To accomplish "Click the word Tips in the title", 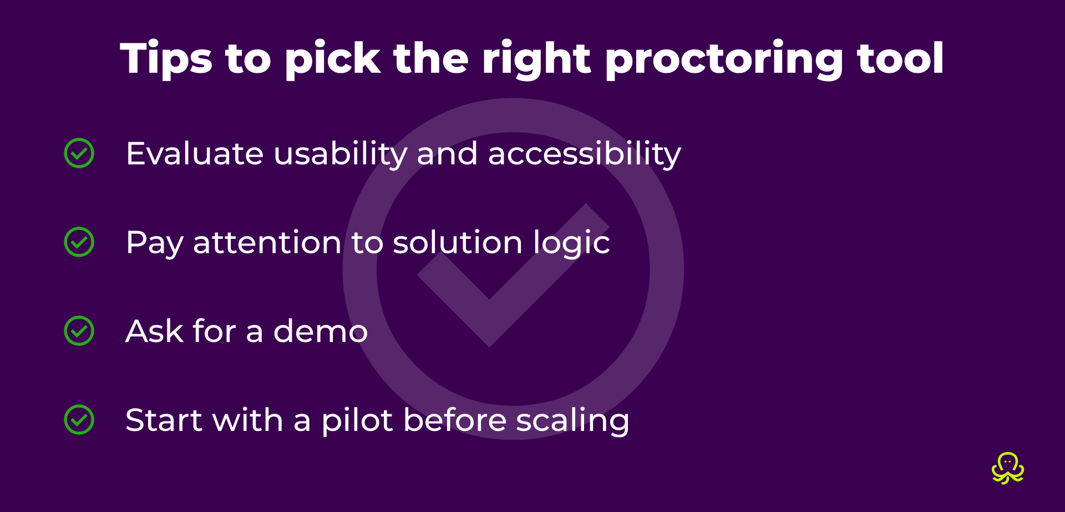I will point(166,59).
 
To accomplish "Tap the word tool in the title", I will point(900,59).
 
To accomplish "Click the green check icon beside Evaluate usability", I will point(79,153).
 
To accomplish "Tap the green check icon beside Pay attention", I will point(79,242).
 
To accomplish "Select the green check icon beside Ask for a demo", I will point(79,331).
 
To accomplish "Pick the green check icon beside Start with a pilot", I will point(79,420).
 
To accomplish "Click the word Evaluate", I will point(194,154).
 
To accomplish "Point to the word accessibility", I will point(584,154).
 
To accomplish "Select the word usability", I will point(341,154).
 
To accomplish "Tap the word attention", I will point(267,243).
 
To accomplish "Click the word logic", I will point(571,244).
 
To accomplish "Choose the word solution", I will point(458,243).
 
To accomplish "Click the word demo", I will point(320,332).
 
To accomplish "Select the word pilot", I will point(357,420).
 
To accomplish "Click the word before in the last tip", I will point(455,420).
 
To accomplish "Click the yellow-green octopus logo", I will point(1008,468).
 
